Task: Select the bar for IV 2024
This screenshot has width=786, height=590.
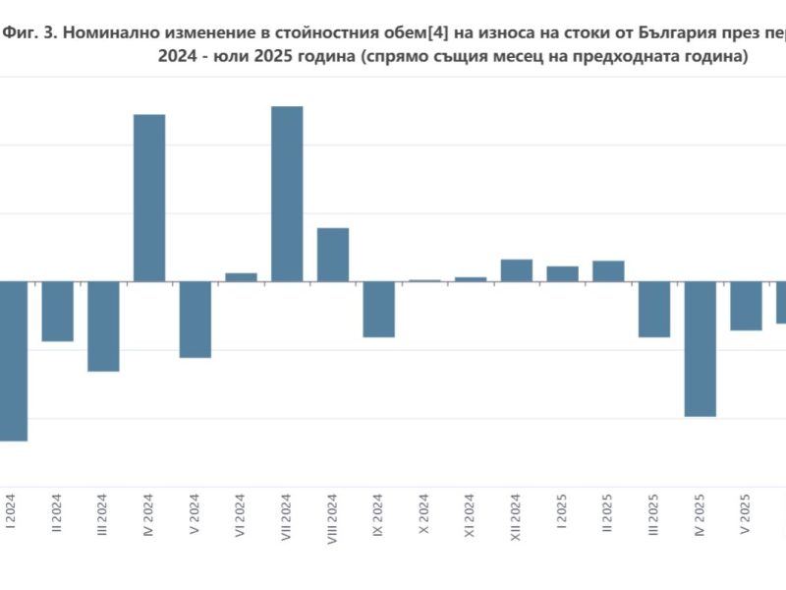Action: pyautogui.click(x=149, y=198)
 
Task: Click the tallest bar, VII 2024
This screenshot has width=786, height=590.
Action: pyautogui.click(x=287, y=194)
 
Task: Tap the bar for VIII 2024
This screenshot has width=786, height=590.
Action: pyautogui.click(x=333, y=255)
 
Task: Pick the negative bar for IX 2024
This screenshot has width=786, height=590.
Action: pyautogui.click(x=378, y=309)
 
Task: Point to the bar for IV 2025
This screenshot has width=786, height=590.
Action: pyautogui.click(x=701, y=348)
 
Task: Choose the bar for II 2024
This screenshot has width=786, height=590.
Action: pyautogui.click(x=57, y=311)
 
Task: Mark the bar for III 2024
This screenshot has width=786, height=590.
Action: pyautogui.click(x=103, y=325)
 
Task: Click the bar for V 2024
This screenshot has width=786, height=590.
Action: pyautogui.click(x=195, y=319)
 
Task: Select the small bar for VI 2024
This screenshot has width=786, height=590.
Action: pyautogui.click(x=241, y=277)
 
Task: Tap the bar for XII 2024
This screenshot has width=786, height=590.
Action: pyautogui.click(x=517, y=270)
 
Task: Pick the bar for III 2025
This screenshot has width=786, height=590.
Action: pyautogui.click(x=654, y=309)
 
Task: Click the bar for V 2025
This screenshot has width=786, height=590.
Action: pyautogui.click(x=746, y=305)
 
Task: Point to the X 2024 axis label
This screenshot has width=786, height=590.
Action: pyautogui.click(x=424, y=517)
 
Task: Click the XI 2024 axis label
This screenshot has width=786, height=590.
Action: pyautogui.click(x=471, y=518)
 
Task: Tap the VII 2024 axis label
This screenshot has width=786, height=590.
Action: pyautogui.click(x=287, y=520)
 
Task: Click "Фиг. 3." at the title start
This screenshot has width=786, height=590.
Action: pyautogui.click(x=30, y=32)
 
